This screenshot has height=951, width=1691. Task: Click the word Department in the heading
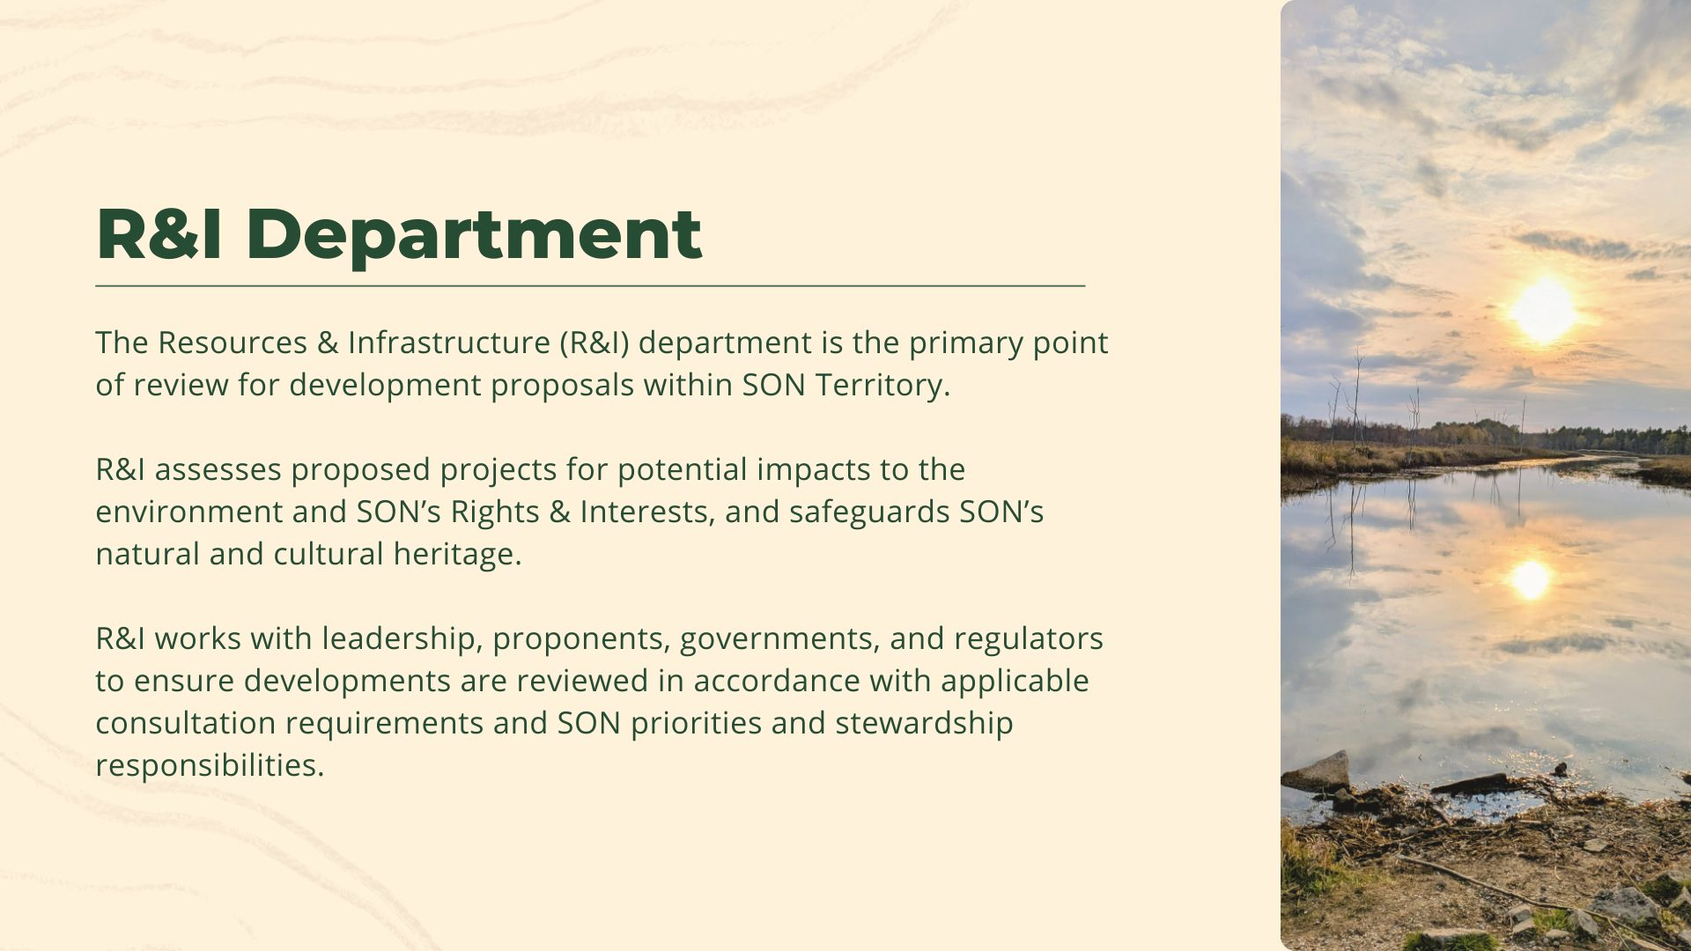click(x=473, y=234)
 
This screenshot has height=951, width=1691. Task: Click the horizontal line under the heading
click(x=590, y=286)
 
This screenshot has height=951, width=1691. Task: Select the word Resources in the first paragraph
click(x=233, y=343)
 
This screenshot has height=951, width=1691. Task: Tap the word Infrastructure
click(x=449, y=343)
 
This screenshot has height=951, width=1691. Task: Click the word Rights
click(x=495, y=512)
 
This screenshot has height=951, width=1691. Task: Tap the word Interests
click(x=645, y=512)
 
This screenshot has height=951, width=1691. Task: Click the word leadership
click(x=398, y=638)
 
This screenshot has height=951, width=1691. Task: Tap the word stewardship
click(x=924, y=723)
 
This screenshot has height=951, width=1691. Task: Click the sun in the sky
click(x=1544, y=310)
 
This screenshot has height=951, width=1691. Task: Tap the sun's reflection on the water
click(x=1531, y=579)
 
